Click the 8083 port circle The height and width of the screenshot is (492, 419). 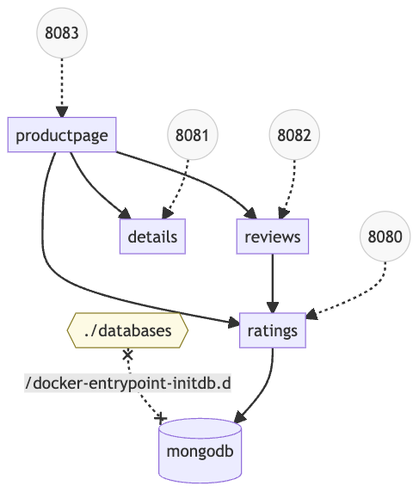coord(63,35)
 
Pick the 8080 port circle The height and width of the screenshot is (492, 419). coord(385,235)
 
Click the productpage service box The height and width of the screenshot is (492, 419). coord(62,135)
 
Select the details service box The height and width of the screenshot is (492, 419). coord(152,237)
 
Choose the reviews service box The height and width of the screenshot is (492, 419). coord(272,237)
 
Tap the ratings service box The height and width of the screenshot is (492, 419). coord(272,330)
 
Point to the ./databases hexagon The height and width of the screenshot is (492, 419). coord(127,330)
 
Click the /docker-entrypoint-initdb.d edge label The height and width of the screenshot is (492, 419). coord(128,383)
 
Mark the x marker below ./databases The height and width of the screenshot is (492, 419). coord(127,354)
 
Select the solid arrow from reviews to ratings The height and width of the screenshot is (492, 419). coord(272,282)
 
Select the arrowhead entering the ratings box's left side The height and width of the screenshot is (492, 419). coord(234,323)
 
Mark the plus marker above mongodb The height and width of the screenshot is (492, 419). coord(161,417)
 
